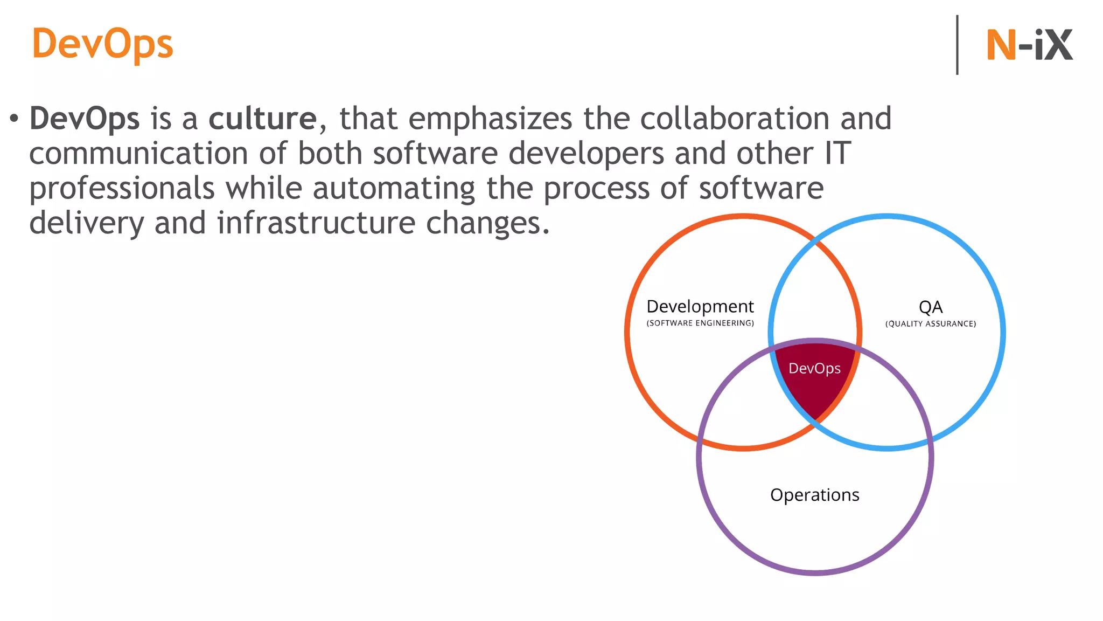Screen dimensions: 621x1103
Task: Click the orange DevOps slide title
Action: [102, 44]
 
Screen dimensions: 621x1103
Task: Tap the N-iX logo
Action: [1029, 45]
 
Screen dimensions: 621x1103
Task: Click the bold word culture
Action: [262, 119]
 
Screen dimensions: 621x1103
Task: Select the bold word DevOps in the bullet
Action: [85, 119]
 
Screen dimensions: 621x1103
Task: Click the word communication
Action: [138, 154]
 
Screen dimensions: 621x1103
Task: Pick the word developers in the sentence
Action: [586, 154]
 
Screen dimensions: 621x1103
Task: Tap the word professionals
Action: [122, 189]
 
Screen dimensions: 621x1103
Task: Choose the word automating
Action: [394, 189]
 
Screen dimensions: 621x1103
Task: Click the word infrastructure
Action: [316, 223]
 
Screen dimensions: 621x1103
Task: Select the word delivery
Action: [86, 223]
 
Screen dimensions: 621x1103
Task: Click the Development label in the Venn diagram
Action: [700, 307]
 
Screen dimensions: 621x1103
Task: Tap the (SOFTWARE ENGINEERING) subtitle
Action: [700, 323]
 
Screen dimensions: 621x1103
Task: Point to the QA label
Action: [930, 307]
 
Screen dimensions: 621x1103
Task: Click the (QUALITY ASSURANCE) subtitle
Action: [930, 323]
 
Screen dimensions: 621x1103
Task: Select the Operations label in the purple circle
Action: [814, 495]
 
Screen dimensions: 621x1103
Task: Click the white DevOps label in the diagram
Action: [814, 368]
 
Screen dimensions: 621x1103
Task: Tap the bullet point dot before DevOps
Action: [14, 118]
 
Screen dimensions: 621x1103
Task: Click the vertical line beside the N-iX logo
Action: [957, 45]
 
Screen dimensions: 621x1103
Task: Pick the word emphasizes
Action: [490, 119]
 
